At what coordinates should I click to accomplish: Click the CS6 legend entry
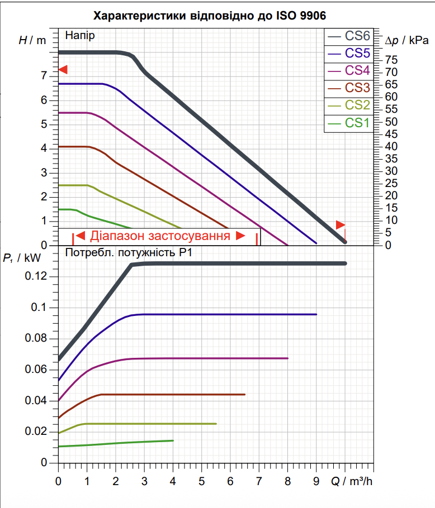pyautogui.click(x=349, y=36)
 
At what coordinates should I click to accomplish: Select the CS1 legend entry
pyautogui.click(x=349, y=123)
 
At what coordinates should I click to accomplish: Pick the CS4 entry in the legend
pyautogui.click(x=349, y=71)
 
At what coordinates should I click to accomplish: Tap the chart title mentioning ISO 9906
pyautogui.click(x=210, y=16)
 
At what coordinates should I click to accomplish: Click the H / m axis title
pyautogui.click(x=32, y=40)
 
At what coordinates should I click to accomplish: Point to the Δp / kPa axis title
pyautogui.click(x=407, y=41)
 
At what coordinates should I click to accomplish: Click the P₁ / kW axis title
pyautogui.click(x=22, y=258)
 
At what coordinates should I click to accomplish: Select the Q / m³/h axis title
pyautogui.click(x=352, y=481)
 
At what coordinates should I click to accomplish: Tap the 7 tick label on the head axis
pyautogui.click(x=44, y=76)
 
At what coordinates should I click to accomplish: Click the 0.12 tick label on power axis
pyautogui.click(x=36, y=276)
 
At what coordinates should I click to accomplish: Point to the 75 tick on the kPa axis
pyautogui.click(x=391, y=60)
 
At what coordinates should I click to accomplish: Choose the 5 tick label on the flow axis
pyautogui.click(x=201, y=481)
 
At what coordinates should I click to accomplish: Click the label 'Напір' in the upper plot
pyautogui.click(x=80, y=35)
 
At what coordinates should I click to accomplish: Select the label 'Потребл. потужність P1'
pyautogui.click(x=129, y=252)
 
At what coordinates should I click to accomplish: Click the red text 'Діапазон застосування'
pyautogui.click(x=160, y=236)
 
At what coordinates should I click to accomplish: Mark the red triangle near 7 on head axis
pyautogui.click(x=63, y=70)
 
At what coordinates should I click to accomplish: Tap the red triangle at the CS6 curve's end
pyautogui.click(x=341, y=225)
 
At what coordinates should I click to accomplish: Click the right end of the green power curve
pyautogui.click(x=173, y=440)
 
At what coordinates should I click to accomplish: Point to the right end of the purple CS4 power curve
pyautogui.click(x=287, y=358)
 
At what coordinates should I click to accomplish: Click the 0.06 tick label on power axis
pyautogui.click(x=36, y=370)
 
